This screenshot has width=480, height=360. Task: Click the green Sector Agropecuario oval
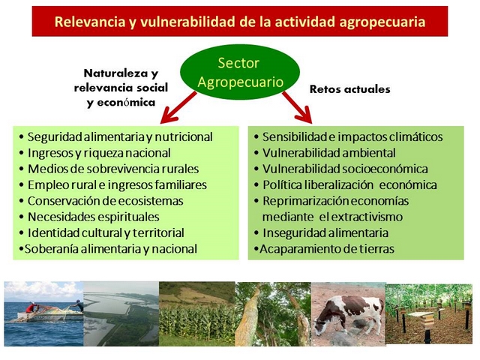coord(240,72)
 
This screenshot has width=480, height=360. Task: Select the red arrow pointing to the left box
coord(178,107)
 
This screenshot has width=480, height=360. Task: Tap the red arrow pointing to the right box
coord(297,107)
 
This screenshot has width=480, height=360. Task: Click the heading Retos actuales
coord(350,89)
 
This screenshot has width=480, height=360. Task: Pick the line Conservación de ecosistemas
coord(101,201)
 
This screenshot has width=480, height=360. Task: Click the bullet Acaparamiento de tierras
coord(324,249)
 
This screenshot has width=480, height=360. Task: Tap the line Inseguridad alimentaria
coord(321,233)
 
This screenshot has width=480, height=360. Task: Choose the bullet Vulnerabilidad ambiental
coord(325,153)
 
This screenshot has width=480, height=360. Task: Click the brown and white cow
coord(350,315)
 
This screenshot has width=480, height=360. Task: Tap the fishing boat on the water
coord(46,312)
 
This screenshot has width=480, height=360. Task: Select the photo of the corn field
coord(197,314)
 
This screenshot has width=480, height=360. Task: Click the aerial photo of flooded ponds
coord(121,314)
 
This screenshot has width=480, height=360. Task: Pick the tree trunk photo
coord(273,314)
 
